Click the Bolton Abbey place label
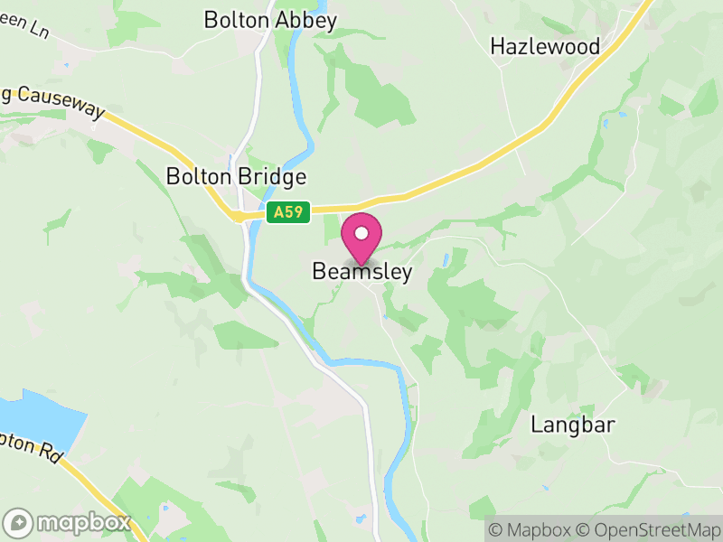pyautogui.click(x=270, y=20)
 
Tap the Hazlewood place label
pyautogui.click(x=545, y=46)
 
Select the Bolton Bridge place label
pyautogui.click(x=236, y=176)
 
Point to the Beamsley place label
pyautogui.click(x=361, y=272)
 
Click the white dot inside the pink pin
pyautogui.click(x=361, y=233)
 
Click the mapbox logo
pyautogui.click(x=68, y=522)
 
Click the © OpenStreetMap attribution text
pyautogui.click(x=647, y=529)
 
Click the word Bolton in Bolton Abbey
pyautogui.click(x=237, y=20)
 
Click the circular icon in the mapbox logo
pyautogui.click(x=19, y=523)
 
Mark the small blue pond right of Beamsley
pyautogui.click(x=446, y=260)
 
